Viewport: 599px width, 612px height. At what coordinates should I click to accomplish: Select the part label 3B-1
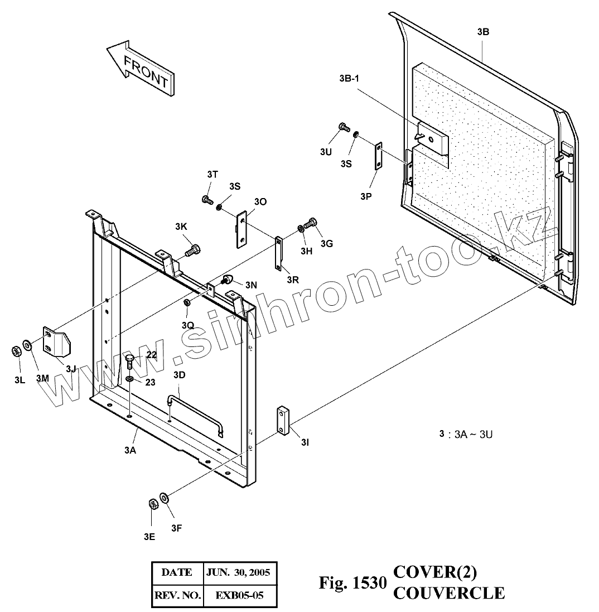(x=349, y=78)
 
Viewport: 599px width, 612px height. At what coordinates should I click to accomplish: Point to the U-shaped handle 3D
(x=195, y=413)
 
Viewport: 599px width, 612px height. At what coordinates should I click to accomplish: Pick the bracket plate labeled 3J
(x=57, y=342)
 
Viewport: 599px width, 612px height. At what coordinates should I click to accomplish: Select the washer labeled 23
(x=129, y=379)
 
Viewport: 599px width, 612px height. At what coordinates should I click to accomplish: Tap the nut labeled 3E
(x=152, y=504)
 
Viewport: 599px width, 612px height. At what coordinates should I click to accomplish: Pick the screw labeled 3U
(x=344, y=129)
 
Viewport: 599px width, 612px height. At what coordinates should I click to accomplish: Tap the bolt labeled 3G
(x=311, y=224)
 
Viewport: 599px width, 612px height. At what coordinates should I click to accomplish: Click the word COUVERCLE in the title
(x=449, y=592)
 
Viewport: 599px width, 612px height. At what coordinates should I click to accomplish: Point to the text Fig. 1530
(x=352, y=584)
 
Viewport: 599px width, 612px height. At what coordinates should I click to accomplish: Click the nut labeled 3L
(x=17, y=351)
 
